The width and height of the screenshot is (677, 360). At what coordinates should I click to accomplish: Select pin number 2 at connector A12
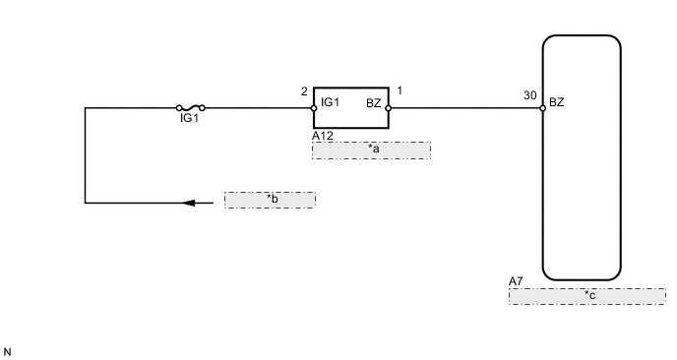pos(304,91)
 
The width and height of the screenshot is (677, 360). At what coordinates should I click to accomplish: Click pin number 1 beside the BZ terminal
pos(399,91)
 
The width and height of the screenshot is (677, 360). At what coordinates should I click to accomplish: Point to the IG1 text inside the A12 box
pos(332,101)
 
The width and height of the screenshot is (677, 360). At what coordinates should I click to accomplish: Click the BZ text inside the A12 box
pos(373,101)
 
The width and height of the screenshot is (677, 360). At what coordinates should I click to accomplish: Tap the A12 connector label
pos(322,136)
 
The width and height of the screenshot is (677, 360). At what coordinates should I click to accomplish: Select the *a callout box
pos(371,150)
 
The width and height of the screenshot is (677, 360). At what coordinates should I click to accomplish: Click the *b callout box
pos(270,200)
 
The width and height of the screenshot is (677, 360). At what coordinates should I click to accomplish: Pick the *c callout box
pos(586,295)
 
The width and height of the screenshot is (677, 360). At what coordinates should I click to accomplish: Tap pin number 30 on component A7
pos(530,96)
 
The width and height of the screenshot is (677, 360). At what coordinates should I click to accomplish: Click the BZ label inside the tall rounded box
pos(557,101)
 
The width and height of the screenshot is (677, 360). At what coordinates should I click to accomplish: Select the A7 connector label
pos(516,281)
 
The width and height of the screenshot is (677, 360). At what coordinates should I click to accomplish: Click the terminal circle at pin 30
pos(543,108)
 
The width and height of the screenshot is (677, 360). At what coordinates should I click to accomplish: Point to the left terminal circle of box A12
pos(314,108)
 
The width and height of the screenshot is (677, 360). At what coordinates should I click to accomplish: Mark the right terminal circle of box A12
pos(390,108)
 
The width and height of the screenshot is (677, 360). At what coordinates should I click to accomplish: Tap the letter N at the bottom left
pos(7,350)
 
